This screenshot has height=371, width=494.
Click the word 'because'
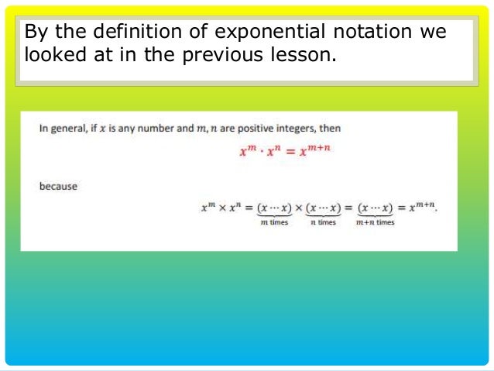(59, 187)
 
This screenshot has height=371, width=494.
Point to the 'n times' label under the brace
(323, 223)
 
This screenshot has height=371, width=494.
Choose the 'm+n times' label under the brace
(376, 223)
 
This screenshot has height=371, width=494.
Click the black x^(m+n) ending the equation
(420, 206)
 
